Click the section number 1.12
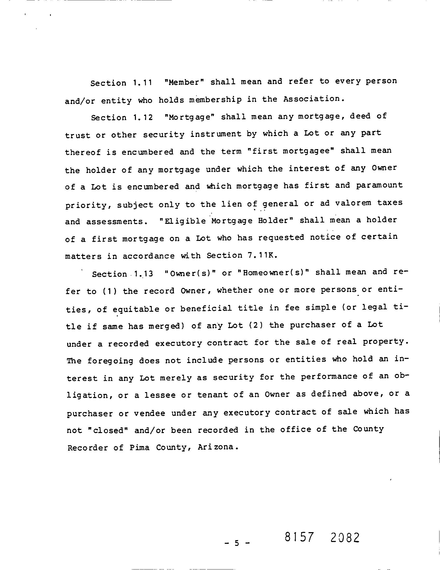click(143, 117)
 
